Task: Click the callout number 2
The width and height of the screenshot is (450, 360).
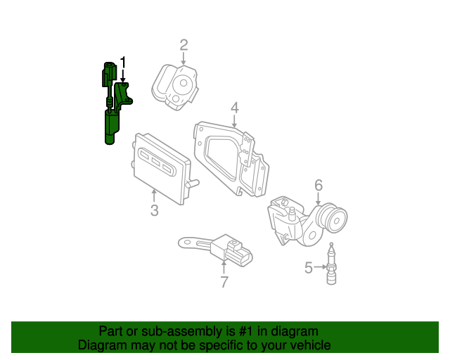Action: [x=184, y=46]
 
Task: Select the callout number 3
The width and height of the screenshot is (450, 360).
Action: [x=154, y=210]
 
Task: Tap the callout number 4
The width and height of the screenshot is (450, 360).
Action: [x=235, y=108]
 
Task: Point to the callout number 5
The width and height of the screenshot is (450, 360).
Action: [x=308, y=267]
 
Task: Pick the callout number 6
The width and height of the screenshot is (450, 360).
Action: [x=319, y=186]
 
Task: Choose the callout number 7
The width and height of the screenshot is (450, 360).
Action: [x=224, y=282]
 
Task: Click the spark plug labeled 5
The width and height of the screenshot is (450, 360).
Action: [x=330, y=265]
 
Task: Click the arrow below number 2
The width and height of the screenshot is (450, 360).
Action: [x=184, y=60]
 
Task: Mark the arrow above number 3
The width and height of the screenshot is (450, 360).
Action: [x=154, y=195]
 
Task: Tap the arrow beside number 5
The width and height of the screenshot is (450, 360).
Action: [x=320, y=267]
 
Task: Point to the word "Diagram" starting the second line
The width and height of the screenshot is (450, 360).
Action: [x=103, y=345]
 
